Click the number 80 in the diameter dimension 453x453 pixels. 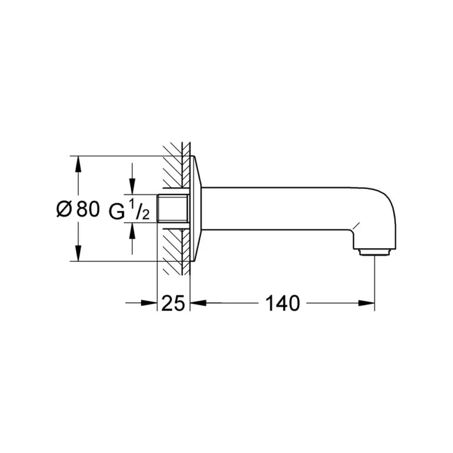88,209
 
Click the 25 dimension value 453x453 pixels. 174,303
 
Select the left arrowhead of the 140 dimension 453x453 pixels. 198,303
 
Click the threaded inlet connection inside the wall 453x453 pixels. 174,209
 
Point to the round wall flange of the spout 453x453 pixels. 196,209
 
